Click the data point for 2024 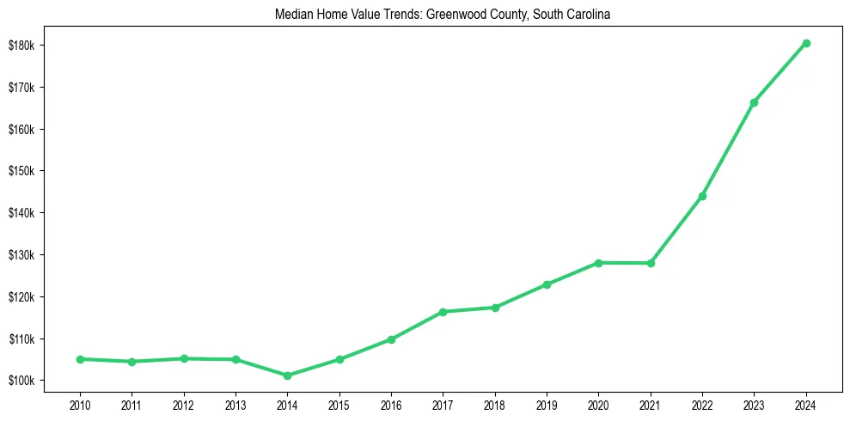(x=806, y=43)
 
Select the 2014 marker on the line (x=287, y=375)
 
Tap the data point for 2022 (x=702, y=196)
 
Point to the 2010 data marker (x=80, y=359)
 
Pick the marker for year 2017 (x=443, y=312)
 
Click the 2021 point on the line (x=651, y=263)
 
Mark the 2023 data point (x=754, y=102)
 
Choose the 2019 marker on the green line (x=547, y=284)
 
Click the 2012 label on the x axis (x=183, y=404)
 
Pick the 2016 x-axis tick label (x=391, y=404)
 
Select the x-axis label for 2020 (x=598, y=404)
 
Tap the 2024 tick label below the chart (x=806, y=404)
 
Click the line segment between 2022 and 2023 (x=728, y=149)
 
